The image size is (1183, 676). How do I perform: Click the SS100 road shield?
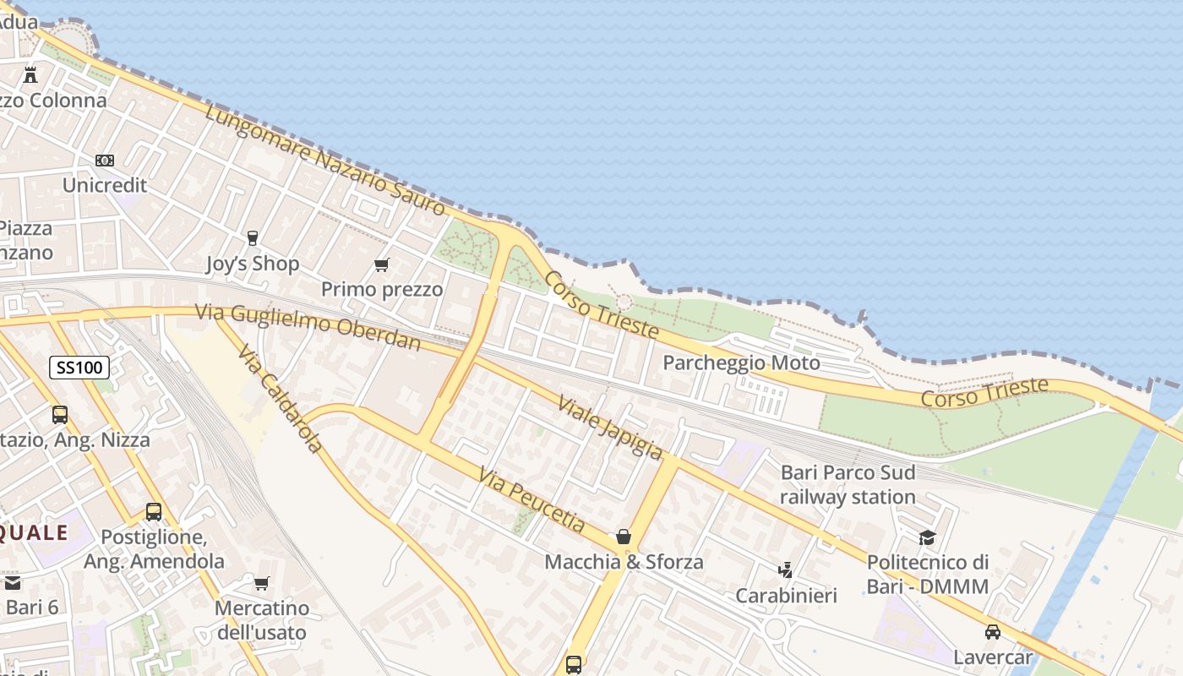click(x=79, y=368)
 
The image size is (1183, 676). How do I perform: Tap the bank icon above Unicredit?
click(x=105, y=160)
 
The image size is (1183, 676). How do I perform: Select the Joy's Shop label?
click(x=253, y=264)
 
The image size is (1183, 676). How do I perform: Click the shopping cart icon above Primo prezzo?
click(x=382, y=265)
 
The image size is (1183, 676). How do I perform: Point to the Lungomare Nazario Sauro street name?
click(x=324, y=160)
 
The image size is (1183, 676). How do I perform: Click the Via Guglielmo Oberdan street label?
click(x=308, y=326)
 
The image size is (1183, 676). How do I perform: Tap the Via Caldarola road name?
click(x=281, y=398)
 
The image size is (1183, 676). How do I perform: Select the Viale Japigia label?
click(x=609, y=427)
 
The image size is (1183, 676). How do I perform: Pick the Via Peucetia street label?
click(x=532, y=499)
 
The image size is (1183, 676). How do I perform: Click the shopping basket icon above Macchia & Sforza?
click(x=624, y=537)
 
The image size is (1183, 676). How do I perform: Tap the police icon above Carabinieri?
click(x=786, y=570)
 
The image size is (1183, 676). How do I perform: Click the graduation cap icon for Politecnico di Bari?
click(x=928, y=538)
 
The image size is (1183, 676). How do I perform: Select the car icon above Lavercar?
click(x=993, y=632)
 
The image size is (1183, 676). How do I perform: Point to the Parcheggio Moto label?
click(x=741, y=363)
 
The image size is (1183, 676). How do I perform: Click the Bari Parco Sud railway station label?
click(x=848, y=484)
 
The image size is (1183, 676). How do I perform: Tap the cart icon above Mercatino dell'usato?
click(x=261, y=583)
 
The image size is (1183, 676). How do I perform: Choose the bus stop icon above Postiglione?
click(x=154, y=512)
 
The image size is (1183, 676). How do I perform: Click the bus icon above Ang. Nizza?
click(x=60, y=415)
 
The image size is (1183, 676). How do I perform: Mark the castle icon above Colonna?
click(x=30, y=75)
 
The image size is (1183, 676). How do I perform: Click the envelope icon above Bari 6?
click(x=12, y=583)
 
